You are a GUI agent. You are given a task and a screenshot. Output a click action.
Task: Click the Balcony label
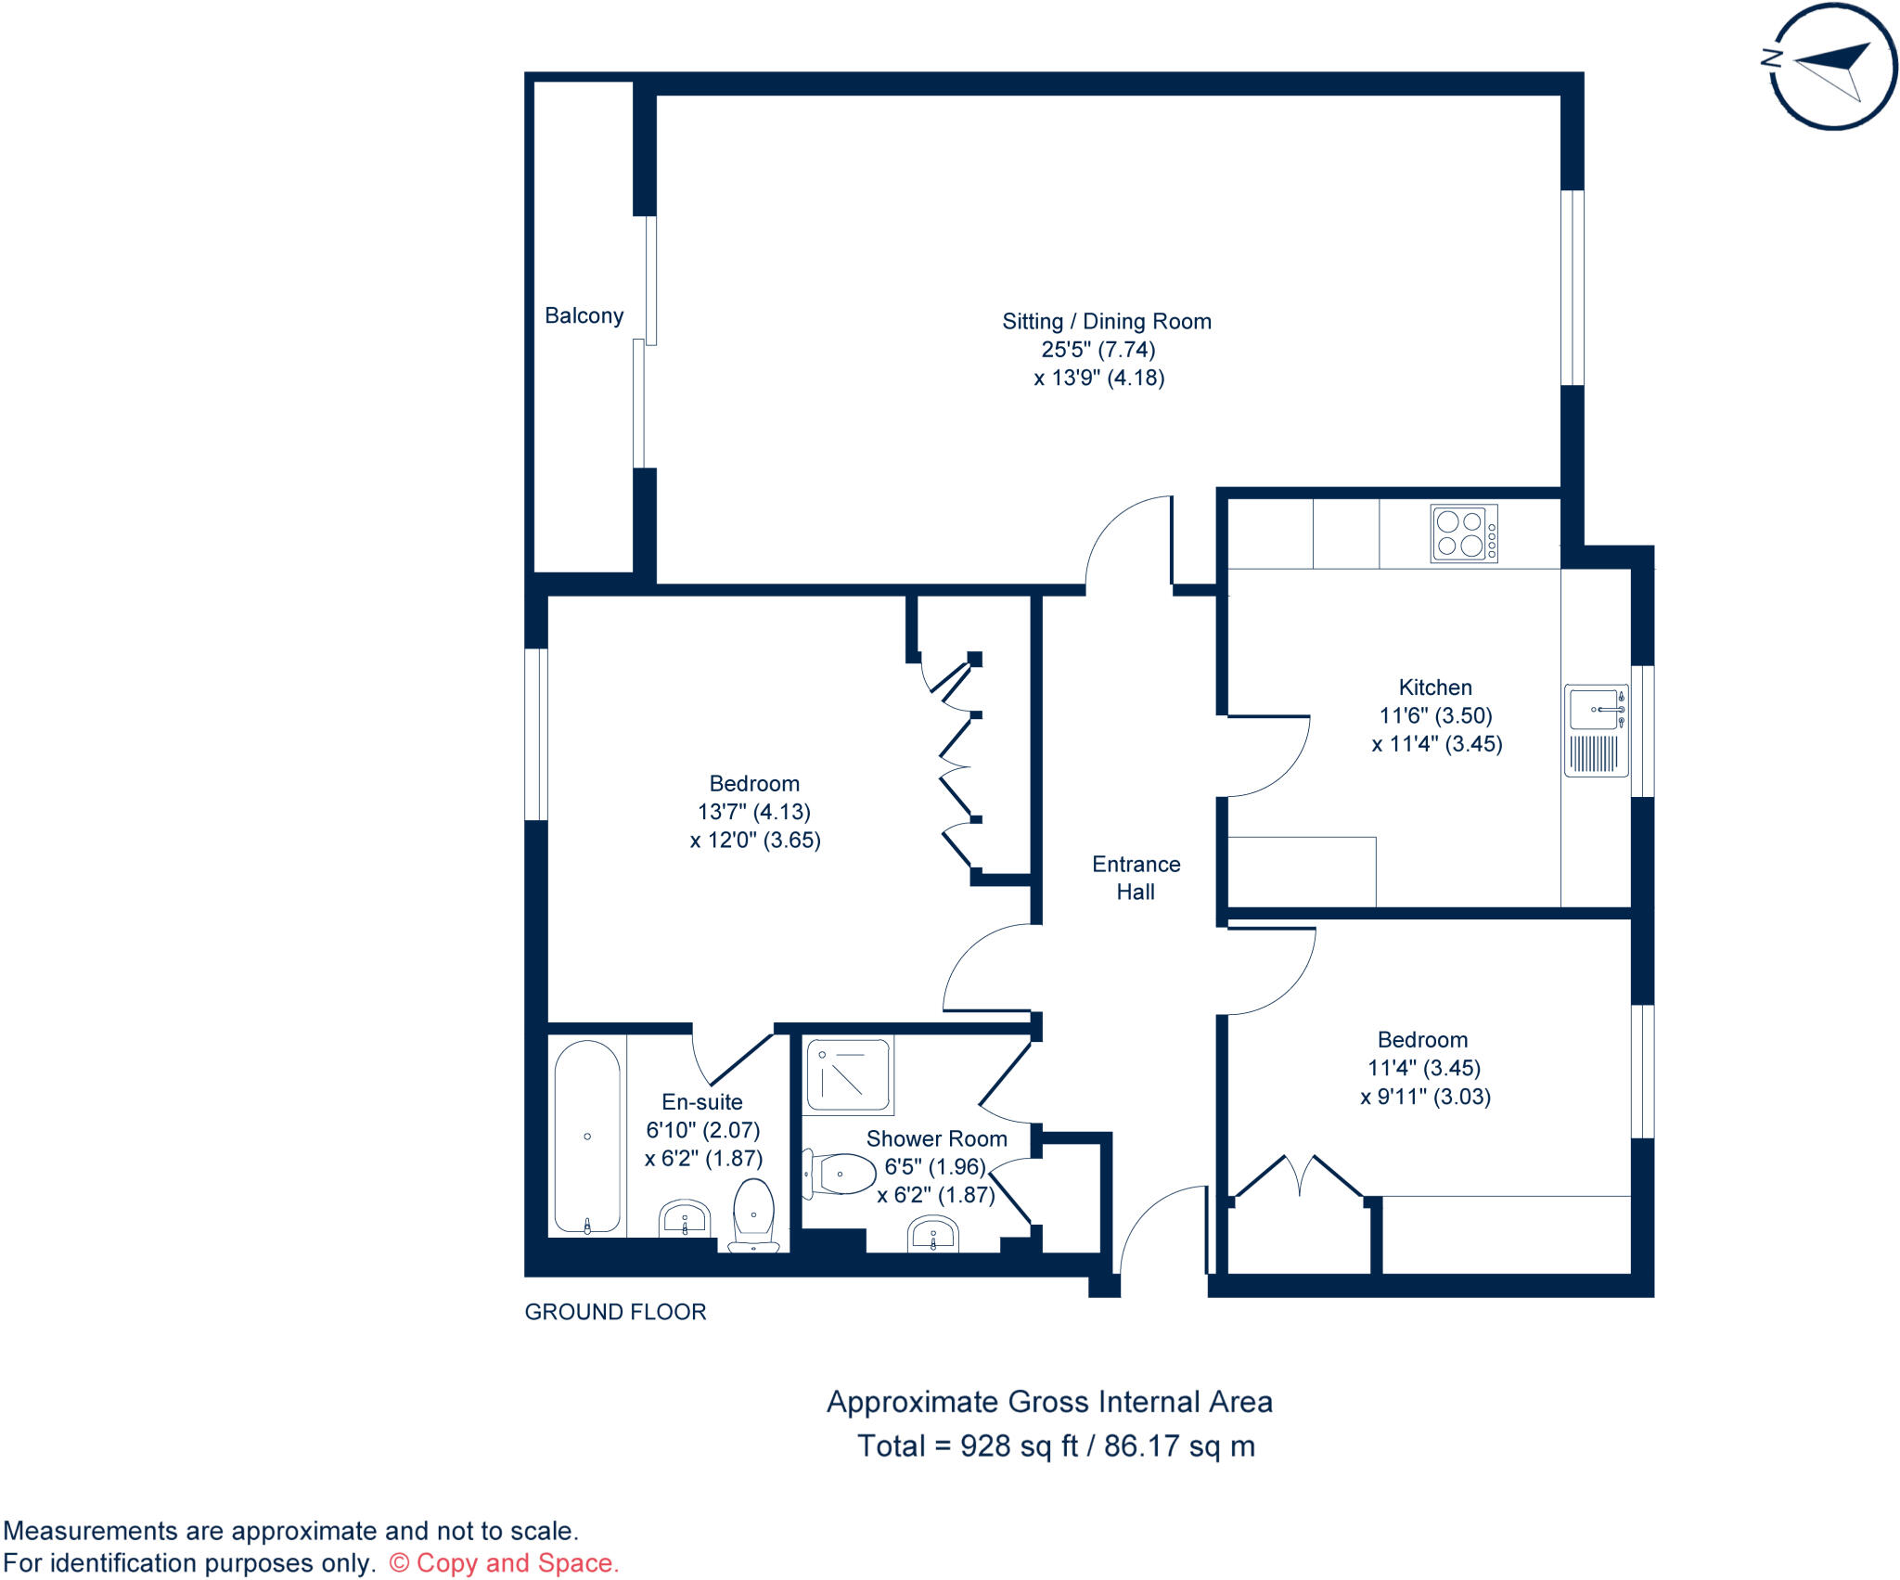click(x=584, y=315)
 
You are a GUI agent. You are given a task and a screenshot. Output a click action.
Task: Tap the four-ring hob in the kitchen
click(x=1463, y=533)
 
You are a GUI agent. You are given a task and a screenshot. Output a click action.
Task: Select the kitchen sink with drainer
click(x=1596, y=730)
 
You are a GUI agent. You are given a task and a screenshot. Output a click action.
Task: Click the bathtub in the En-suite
click(x=587, y=1137)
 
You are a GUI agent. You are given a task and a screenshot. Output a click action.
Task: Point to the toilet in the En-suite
click(x=753, y=1214)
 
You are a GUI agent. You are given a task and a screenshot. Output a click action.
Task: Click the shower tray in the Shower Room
click(x=848, y=1074)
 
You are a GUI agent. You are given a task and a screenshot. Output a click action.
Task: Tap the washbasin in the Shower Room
click(x=932, y=1235)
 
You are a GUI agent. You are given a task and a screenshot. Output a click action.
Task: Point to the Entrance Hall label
click(x=1136, y=878)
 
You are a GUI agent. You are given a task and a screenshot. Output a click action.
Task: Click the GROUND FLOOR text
click(x=615, y=1312)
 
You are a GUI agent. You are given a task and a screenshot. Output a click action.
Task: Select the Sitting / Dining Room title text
click(x=1106, y=321)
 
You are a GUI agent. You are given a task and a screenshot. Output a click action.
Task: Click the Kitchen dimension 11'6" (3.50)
click(x=1435, y=715)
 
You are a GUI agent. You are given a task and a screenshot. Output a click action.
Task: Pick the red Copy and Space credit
click(x=504, y=1563)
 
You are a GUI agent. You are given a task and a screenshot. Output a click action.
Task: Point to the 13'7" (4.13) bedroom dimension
click(x=753, y=812)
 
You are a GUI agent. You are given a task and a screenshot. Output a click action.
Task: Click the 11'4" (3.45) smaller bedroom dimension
click(x=1423, y=1068)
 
